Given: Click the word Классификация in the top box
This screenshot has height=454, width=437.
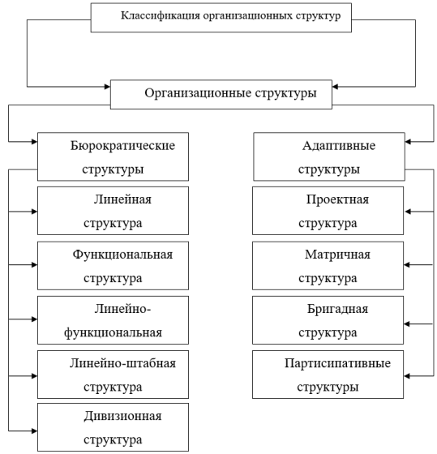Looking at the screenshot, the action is pos(161,15).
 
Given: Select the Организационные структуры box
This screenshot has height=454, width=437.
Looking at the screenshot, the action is pos(221,94).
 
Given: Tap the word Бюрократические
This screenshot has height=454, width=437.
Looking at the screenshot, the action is pos(122,146).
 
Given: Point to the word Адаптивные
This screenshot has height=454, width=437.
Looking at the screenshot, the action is pos(339,146).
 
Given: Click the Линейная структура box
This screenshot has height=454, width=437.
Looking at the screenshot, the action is pos(113,211).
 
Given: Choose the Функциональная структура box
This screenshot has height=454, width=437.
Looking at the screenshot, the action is pos(113,266).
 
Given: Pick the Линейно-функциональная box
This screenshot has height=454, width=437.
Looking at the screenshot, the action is pos(113,320).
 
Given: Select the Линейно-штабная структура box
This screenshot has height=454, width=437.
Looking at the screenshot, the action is pos(113,375).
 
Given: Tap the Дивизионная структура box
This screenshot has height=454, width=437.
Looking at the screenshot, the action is pos(113,427).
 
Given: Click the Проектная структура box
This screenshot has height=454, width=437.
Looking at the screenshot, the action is pos(328,211).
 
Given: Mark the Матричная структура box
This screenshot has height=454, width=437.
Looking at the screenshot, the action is pos(328,266).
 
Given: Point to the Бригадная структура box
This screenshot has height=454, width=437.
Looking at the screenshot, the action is pos(328,320).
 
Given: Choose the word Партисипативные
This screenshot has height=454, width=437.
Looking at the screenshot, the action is pos(337,363).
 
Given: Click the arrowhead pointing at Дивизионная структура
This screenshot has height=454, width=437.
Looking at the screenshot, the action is pos(35,430).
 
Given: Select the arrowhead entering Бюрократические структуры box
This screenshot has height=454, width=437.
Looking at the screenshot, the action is pos(35,142).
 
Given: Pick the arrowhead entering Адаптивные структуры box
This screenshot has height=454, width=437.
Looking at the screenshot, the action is pos(408,142).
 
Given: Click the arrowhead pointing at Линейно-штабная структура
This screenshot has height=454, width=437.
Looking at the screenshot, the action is pos(35,376).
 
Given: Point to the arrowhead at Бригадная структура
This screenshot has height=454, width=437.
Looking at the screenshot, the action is pos(406,324).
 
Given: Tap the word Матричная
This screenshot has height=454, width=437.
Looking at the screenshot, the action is pos(337,255).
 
